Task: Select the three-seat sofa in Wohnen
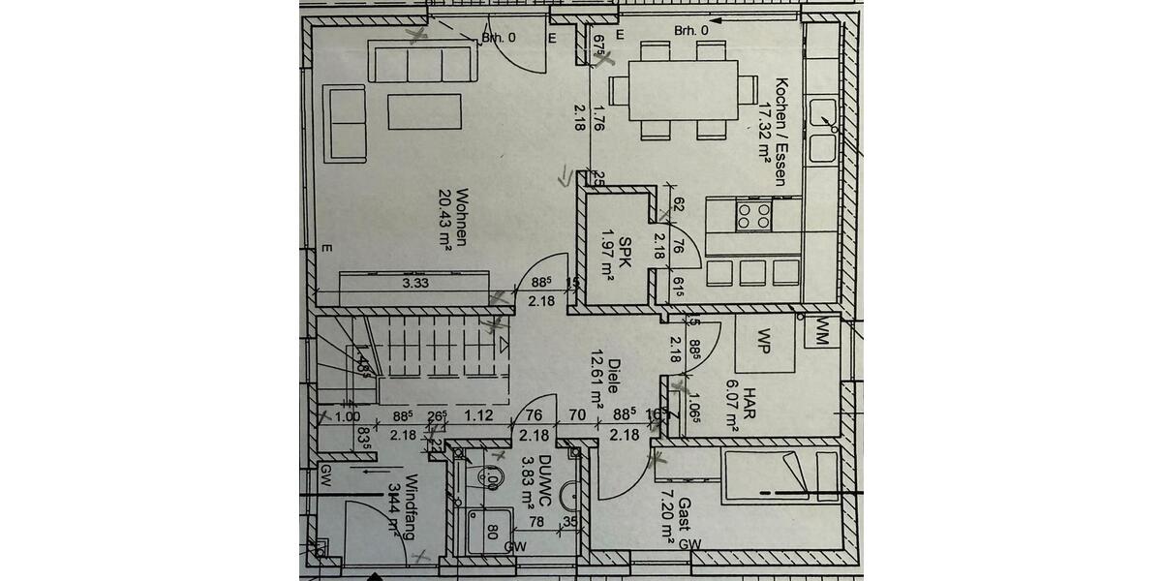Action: click(x=424, y=64)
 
